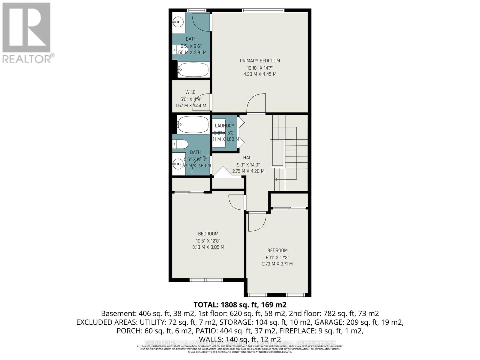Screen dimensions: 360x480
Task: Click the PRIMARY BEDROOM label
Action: tap(260, 61)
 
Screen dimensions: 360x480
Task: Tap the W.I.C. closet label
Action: tap(191, 92)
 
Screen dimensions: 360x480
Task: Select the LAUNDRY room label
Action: tap(224, 126)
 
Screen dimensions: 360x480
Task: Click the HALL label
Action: tap(248, 157)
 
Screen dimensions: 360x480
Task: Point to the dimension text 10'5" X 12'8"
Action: tap(208, 241)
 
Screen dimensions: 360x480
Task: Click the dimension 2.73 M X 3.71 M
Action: tap(277, 264)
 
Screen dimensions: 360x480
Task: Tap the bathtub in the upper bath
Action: tap(193, 70)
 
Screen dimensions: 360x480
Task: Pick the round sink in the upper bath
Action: tap(178, 22)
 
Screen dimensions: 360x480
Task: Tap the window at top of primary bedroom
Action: tap(263, 10)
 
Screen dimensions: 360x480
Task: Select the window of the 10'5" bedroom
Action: tap(206, 280)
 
